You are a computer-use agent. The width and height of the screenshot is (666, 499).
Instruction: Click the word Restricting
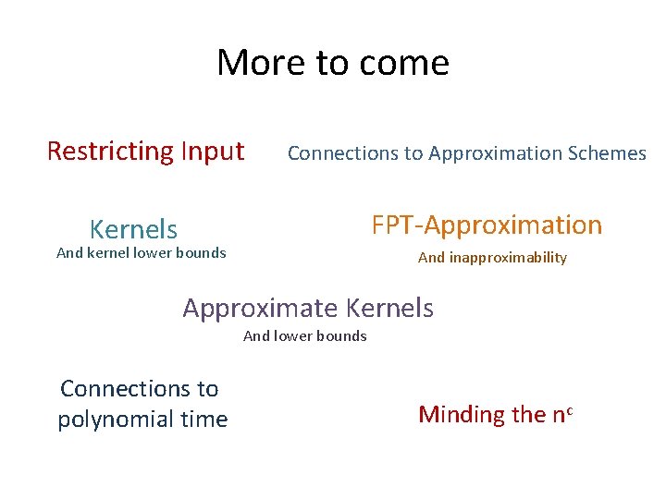coord(110,151)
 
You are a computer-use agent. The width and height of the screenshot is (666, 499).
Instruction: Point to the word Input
coord(213,151)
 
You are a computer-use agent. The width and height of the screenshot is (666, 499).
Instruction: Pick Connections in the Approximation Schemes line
coord(342,153)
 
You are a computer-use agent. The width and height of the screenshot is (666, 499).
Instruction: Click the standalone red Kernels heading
coord(133,229)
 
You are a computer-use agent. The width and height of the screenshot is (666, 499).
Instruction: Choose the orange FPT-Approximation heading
coord(487,225)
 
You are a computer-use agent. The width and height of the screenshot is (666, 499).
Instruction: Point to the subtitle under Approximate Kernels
coord(304,336)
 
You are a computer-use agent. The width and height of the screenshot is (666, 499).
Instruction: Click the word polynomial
coord(116,420)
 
